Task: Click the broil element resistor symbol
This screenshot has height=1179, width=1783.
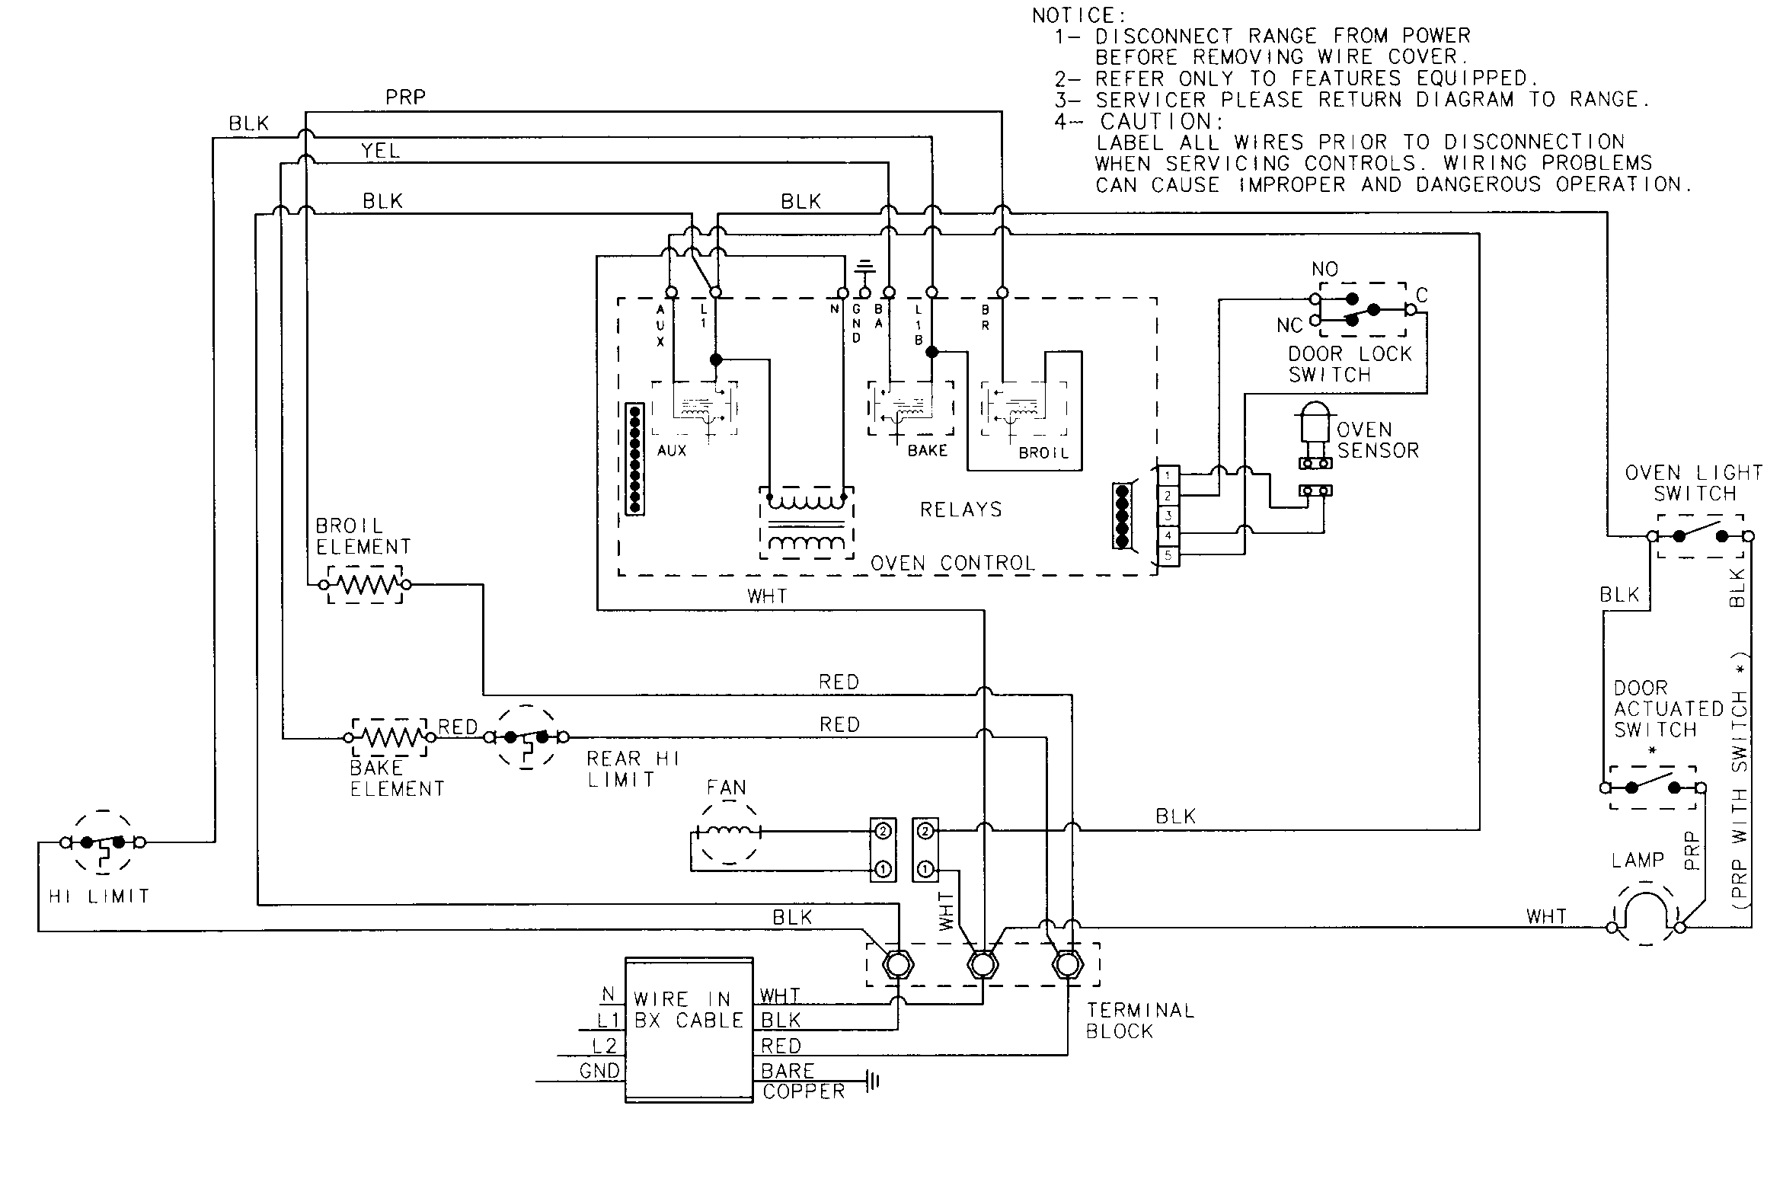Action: point(365,585)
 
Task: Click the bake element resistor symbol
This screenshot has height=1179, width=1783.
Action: point(389,737)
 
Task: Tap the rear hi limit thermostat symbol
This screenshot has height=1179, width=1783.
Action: point(527,737)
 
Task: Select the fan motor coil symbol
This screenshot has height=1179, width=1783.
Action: point(728,832)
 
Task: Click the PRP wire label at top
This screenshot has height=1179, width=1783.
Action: point(404,97)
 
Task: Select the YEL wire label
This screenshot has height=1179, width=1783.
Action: point(379,151)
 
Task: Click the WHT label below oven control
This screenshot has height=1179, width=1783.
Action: point(767,596)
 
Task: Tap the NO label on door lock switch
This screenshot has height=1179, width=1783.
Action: point(1324,269)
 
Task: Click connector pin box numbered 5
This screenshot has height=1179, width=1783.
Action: point(1168,556)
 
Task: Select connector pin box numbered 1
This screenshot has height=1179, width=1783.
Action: point(1168,475)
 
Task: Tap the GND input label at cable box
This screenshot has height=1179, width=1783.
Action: point(599,1071)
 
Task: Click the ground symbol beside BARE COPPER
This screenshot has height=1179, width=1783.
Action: point(873,1080)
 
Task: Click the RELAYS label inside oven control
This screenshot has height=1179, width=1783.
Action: point(960,510)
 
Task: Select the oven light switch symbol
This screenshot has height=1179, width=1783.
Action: point(1699,536)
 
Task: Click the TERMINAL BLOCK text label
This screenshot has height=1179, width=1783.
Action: point(1139,1021)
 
